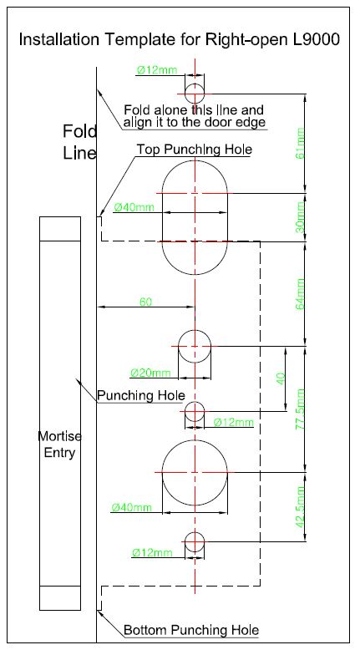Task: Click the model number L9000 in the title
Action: [317, 39]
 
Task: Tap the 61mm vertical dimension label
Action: [300, 144]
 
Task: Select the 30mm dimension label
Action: [300, 217]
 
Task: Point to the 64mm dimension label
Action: [300, 294]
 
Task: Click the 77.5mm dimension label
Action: [300, 409]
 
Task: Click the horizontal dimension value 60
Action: [145, 302]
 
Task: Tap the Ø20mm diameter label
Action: [150, 373]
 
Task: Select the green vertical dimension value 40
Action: [281, 378]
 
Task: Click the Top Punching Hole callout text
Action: [195, 150]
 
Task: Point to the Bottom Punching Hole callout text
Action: [191, 630]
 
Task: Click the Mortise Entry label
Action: [60, 444]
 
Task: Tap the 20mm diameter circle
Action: [195, 330]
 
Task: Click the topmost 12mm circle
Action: [195, 84]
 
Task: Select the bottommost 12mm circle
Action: [195, 532]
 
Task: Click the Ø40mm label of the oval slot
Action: [134, 206]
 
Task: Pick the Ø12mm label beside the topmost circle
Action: [156, 70]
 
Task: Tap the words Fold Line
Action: [79, 142]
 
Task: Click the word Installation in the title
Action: [59, 39]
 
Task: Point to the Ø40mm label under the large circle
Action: [132, 507]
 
